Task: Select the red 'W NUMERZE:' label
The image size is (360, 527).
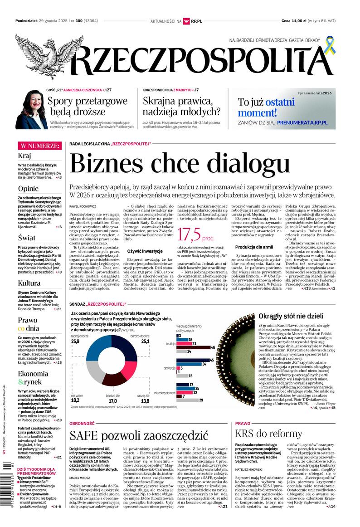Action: (x=39, y=146)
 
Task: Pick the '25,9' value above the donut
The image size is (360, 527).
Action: (x=75, y=341)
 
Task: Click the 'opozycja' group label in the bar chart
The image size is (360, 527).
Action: (x=170, y=368)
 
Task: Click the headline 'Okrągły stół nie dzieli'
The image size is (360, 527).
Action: (x=291, y=317)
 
